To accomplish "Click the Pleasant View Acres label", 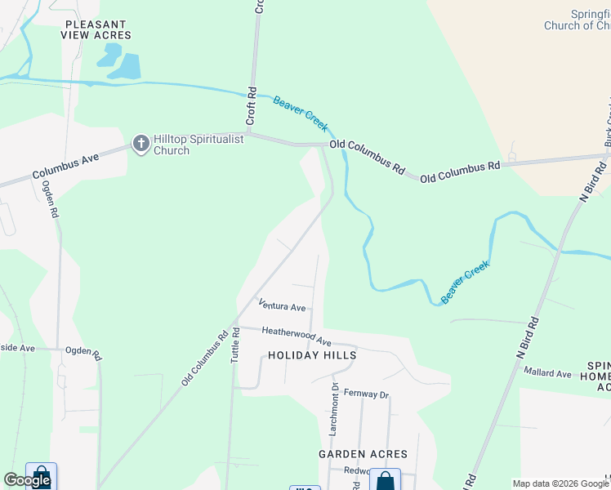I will point(96,30).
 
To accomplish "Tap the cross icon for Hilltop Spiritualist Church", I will point(141,145).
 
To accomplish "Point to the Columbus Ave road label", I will point(65,165).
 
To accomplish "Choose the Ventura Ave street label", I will point(282,305).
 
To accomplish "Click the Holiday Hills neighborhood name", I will point(312,356).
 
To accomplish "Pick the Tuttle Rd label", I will point(236,345).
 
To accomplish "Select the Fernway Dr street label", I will point(366,394).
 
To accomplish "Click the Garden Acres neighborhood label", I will point(363,454).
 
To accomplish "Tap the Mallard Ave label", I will point(547,373).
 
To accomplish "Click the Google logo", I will point(27,480).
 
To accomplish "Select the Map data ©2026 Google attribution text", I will point(561,483).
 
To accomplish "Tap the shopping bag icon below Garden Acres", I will point(385,480).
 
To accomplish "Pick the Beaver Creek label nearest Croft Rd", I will point(301,114).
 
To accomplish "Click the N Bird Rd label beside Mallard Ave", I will point(528,335).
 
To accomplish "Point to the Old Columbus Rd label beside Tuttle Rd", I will point(205,358).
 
